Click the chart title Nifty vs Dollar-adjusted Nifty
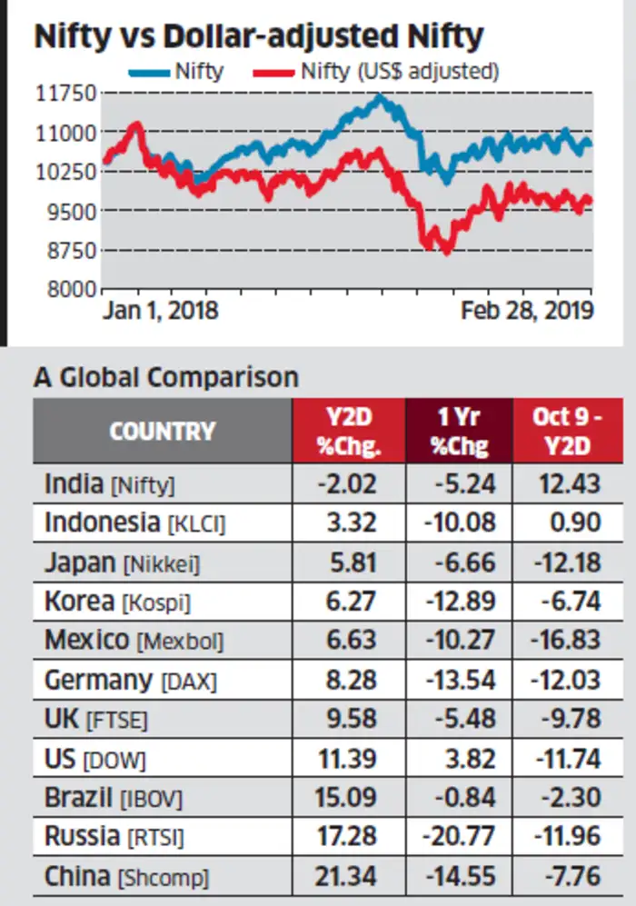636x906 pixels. click(259, 37)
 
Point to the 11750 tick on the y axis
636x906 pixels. click(65, 93)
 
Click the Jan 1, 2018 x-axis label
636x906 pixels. click(160, 311)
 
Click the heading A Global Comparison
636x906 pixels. click(165, 377)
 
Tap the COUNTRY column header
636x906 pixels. click(163, 430)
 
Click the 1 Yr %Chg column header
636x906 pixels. click(459, 430)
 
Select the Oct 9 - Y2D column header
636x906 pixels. click(569, 430)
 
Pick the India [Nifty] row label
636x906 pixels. click(109, 484)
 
